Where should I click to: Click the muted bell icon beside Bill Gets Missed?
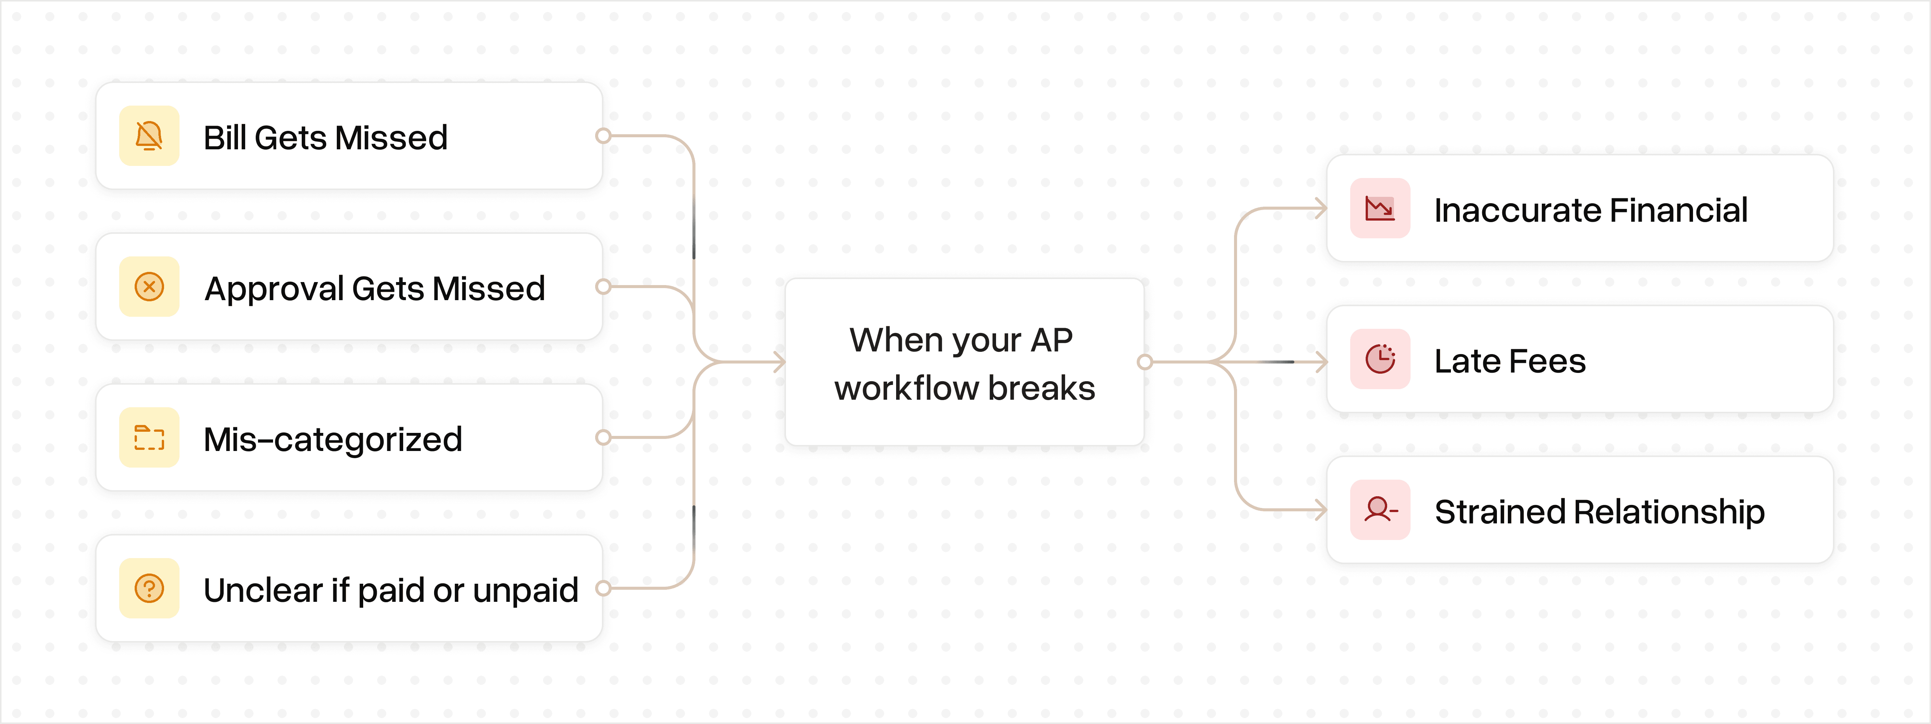(x=149, y=137)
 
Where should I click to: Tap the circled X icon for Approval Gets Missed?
(x=149, y=287)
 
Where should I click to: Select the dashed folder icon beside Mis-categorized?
(x=149, y=438)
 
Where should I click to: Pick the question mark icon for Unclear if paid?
(x=149, y=588)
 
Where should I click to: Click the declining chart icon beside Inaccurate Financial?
(x=1380, y=209)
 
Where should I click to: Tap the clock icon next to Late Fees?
(x=1380, y=359)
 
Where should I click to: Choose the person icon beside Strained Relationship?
(x=1380, y=510)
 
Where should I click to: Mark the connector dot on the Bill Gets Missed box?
(x=603, y=136)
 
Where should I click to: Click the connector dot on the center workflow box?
(x=1144, y=362)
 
